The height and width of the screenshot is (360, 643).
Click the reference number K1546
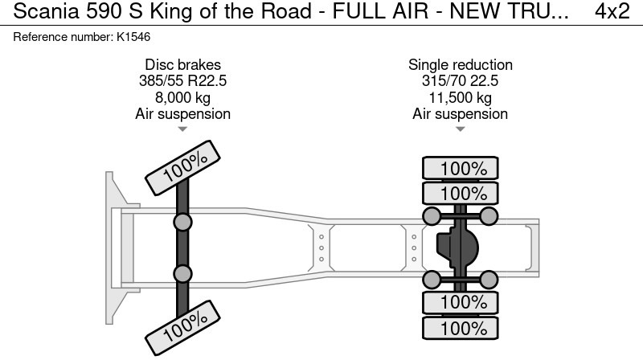click(x=134, y=37)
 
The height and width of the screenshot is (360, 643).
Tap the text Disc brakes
click(x=182, y=65)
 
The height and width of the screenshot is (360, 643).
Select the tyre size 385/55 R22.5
click(x=182, y=81)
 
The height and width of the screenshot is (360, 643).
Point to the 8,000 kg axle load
click(x=182, y=97)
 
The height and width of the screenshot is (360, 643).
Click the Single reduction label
click(x=460, y=65)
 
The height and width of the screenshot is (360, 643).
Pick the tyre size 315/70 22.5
click(x=460, y=81)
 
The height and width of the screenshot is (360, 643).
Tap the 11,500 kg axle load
click(x=460, y=97)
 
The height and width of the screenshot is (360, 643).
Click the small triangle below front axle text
click(x=182, y=129)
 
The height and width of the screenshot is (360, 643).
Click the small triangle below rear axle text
click(x=460, y=129)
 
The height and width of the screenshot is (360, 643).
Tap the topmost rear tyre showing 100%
click(x=461, y=169)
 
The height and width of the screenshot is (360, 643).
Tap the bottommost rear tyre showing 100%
click(x=461, y=329)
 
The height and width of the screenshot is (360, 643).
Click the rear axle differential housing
click(x=456, y=247)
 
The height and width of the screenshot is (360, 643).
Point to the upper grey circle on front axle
click(x=183, y=223)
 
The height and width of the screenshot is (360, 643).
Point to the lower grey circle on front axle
click(x=183, y=274)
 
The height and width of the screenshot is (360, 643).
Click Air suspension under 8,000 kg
click(x=182, y=113)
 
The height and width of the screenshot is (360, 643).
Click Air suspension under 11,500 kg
click(x=460, y=113)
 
